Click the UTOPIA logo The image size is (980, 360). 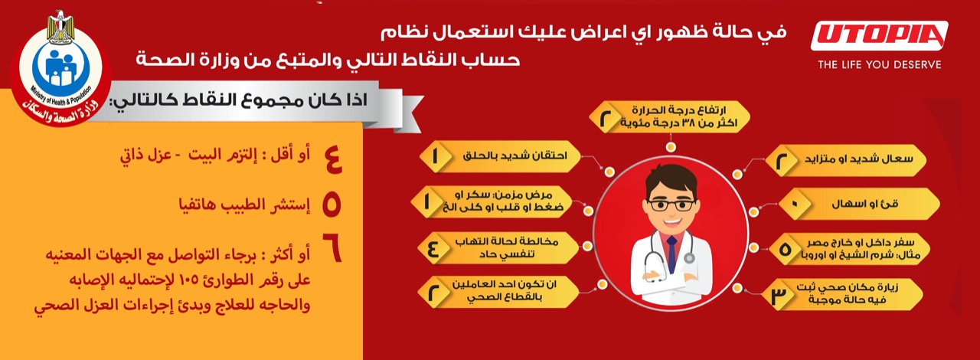(880, 35)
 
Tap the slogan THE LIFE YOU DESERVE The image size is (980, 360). (880, 65)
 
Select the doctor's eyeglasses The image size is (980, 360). (671, 205)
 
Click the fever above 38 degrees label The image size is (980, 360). (669, 117)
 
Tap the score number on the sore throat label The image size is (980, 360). (435, 156)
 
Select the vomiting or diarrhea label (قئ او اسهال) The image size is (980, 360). (859, 204)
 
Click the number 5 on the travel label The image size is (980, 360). (786, 249)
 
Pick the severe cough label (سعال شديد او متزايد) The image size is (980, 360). (846, 159)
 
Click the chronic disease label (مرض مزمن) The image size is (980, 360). (492, 201)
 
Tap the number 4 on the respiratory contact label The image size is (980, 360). (433, 249)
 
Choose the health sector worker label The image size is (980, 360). (498, 292)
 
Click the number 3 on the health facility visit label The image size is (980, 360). (779, 296)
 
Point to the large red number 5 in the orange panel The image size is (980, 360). (332, 205)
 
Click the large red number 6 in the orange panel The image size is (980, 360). (332, 248)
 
